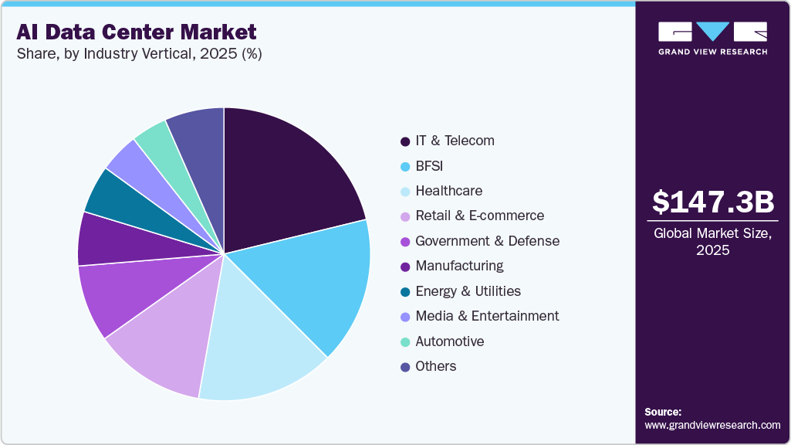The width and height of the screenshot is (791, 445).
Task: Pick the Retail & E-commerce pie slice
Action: (x=162, y=340)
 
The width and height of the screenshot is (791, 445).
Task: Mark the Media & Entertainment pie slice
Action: (x=139, y=166)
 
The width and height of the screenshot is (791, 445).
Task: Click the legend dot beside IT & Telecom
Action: (x=405, y=141)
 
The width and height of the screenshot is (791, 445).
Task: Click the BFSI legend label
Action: (x=429, y=165)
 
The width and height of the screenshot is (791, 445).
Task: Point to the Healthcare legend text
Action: (x=448, y=191)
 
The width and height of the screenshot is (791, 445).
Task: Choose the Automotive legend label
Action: (x=450, y=341)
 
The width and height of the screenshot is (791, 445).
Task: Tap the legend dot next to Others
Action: (x=405, y=367)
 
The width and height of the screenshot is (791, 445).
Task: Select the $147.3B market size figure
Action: (x=712, y=202)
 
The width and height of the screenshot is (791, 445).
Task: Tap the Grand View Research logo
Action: (x=712, y=37)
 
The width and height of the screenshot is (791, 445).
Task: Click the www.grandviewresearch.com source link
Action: (x=712, y=425)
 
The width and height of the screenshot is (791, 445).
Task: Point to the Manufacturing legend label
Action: (x=459, y=266)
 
